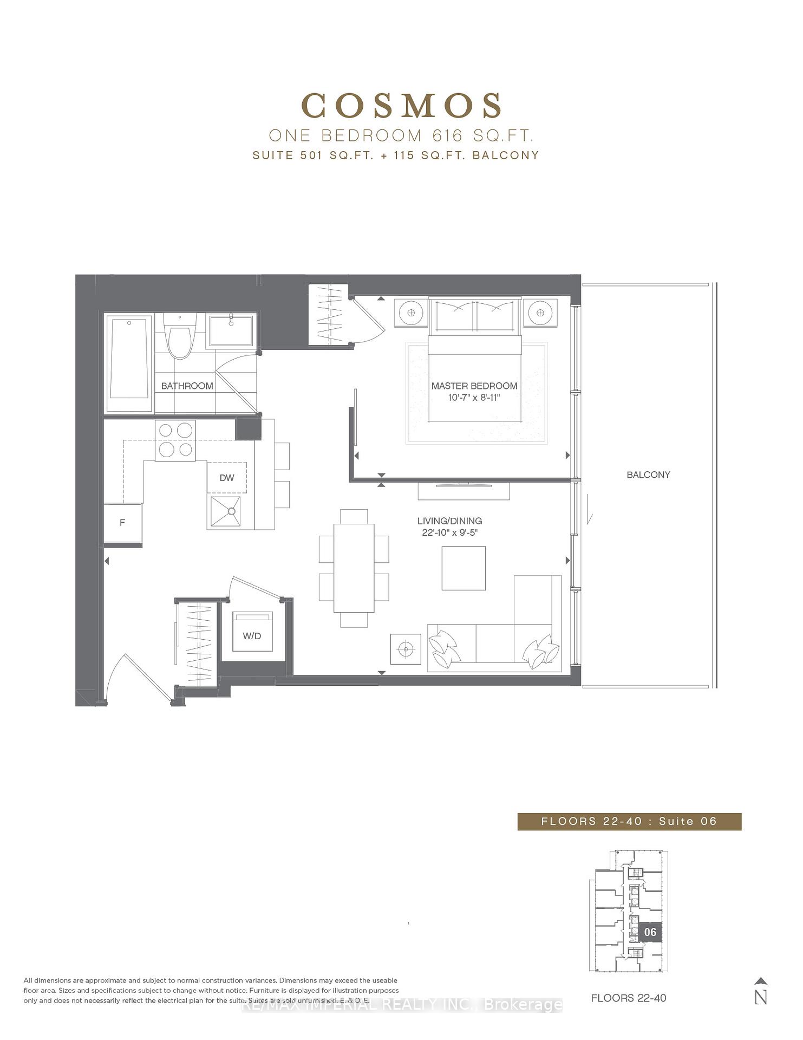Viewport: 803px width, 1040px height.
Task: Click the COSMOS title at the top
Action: [401, 106]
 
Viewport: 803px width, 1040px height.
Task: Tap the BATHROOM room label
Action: [187, 386]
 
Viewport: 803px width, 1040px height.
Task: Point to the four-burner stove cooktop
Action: [175, 440]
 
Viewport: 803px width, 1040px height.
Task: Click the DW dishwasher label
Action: [227, 477]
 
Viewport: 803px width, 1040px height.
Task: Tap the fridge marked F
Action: [122, 523]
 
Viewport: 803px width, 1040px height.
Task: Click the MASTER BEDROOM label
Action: [474, 386]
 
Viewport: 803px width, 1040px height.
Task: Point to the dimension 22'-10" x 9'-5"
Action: [449, 532]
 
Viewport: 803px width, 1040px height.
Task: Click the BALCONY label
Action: [648, 474]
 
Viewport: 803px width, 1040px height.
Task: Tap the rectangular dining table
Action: [354, 567]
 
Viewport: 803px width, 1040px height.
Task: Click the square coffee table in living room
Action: [463, 568]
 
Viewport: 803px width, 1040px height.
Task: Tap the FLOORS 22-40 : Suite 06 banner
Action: [629, 821]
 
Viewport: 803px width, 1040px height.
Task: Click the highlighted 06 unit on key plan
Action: [650, 932]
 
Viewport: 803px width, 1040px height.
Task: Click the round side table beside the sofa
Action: [406, 648]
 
